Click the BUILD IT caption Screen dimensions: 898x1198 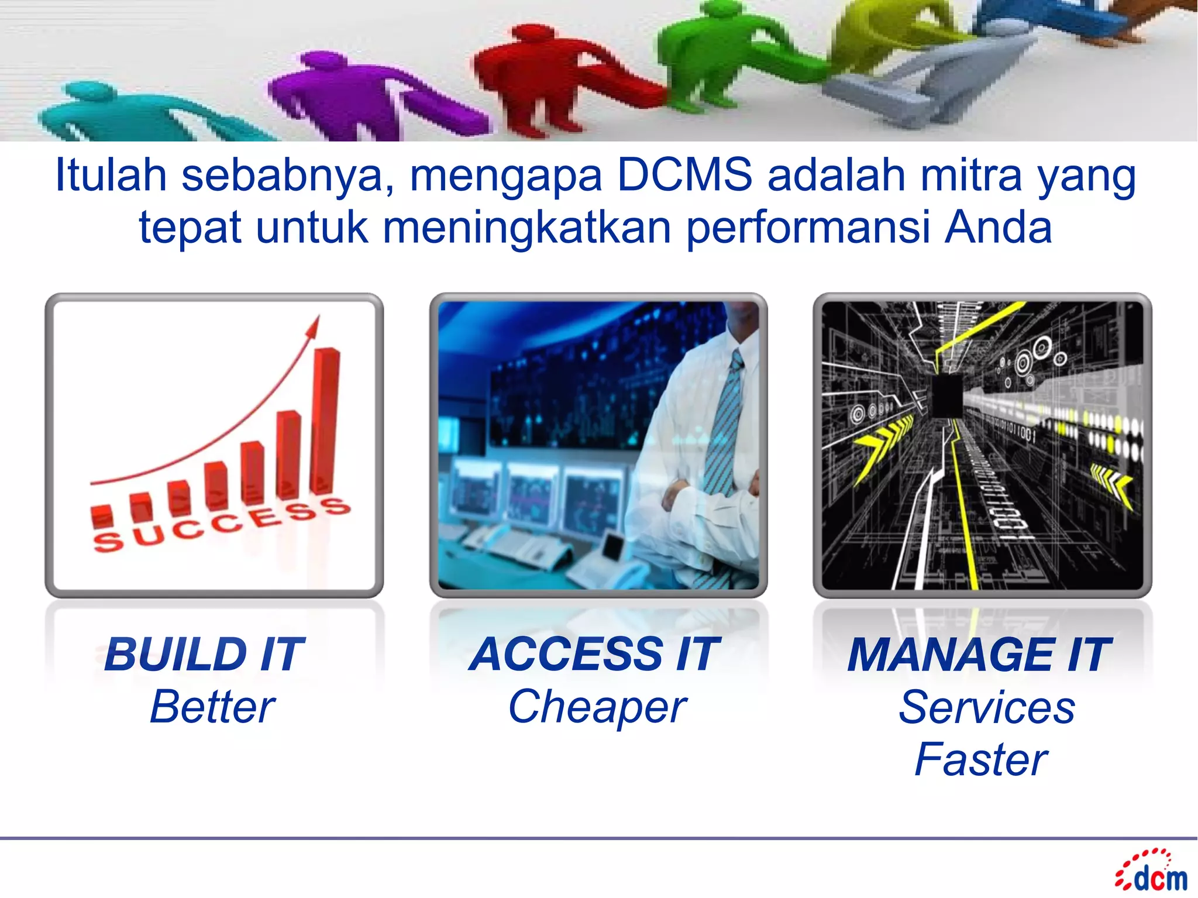coord(204,655)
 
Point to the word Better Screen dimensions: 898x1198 coord(212,707)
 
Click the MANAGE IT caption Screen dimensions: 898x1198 coord(979,655)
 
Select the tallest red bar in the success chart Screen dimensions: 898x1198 coord(325,418)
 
